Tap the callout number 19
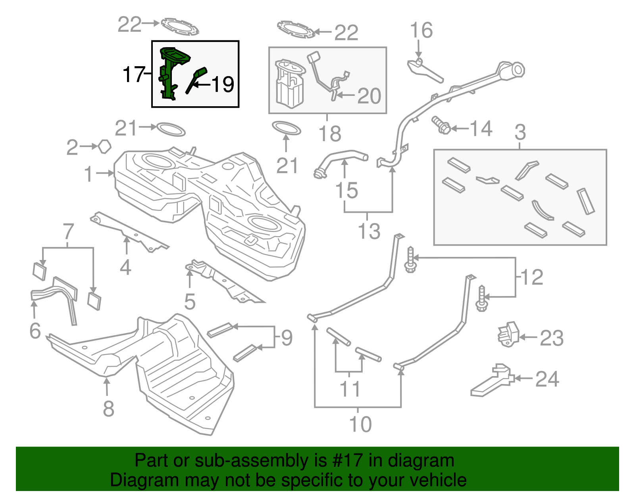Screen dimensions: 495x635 (x=223, y=84)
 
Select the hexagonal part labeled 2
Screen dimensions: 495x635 (x=104, y=147)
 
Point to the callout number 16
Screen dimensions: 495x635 (x=421, y=31)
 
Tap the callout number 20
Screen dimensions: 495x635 (x=369, y=96)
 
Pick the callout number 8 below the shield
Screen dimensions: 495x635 (x=108, y=409)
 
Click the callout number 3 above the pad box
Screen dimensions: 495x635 (x=520, y=132)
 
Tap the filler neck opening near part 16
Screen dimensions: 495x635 (x=516, y=70)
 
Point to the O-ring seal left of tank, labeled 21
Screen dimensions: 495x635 (x=171, y=129)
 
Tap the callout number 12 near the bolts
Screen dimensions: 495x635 (x=531, y=277)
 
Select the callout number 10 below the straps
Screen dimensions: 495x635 (x=360, y=424)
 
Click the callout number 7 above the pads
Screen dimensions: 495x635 (x=69, y=231)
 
